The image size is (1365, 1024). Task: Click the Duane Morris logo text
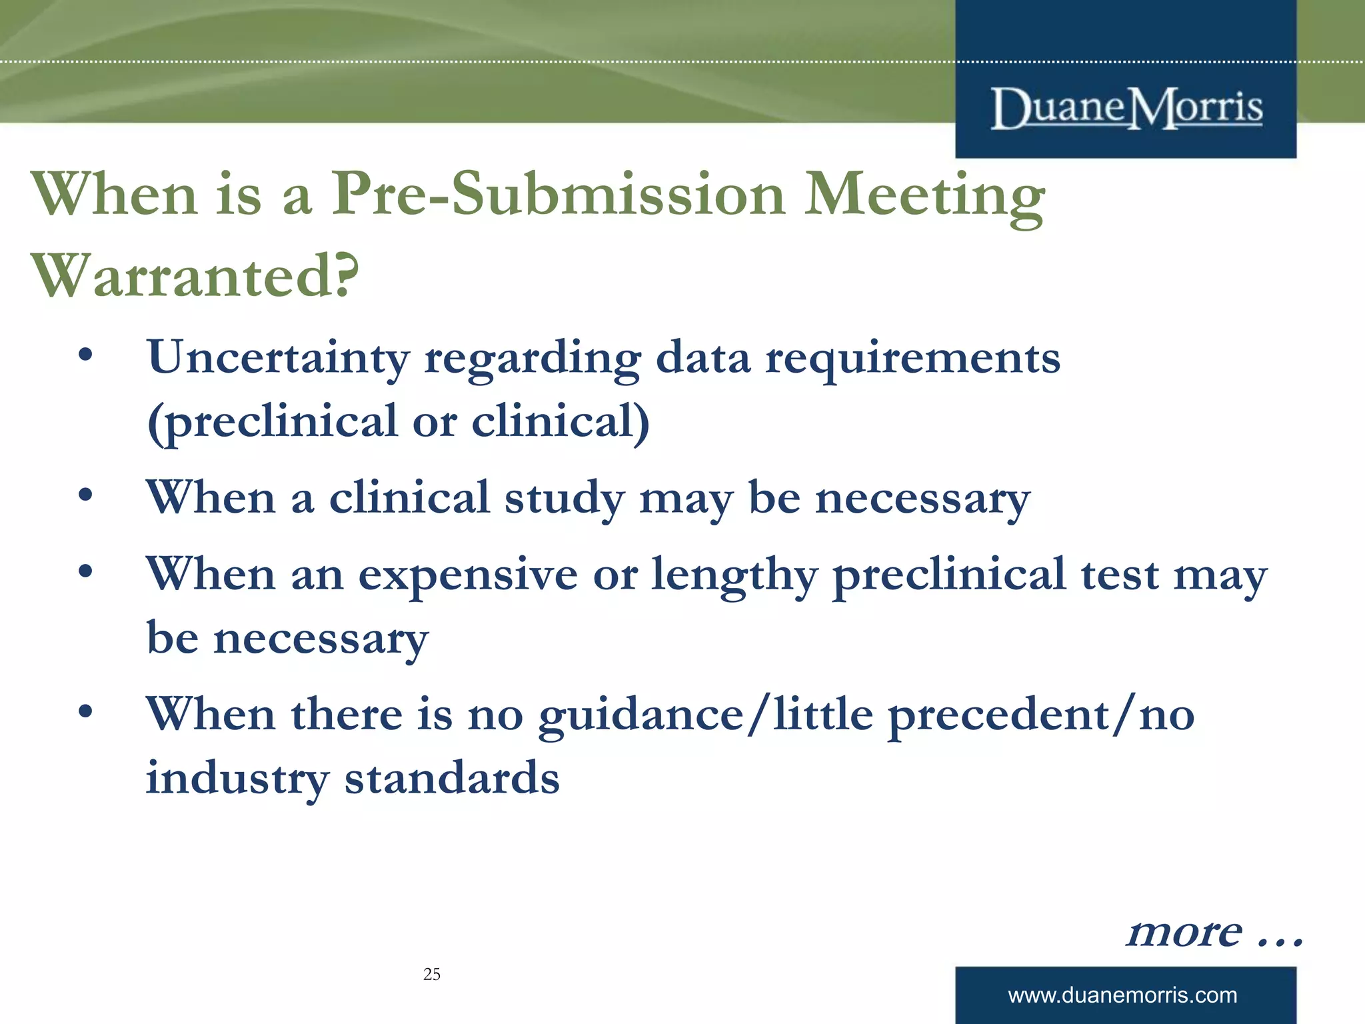tap(1126, 108)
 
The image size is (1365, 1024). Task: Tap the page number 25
tap(431, 974)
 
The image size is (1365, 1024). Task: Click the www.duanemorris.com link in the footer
tap(1122, 995)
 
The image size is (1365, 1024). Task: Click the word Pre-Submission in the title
tap(559, 195)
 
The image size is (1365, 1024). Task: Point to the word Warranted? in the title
tap(195, 276)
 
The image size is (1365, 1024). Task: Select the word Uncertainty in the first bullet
tap(278, 359)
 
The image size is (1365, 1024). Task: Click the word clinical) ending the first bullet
tap(561, 421)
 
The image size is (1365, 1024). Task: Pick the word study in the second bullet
tap(564, 499)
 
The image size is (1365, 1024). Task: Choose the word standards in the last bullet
tap(452, 778)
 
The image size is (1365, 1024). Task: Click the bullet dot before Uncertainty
tap(85, 355)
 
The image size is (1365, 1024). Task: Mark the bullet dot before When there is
tap(85, 711)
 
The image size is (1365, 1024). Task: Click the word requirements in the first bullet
tap(912, 359)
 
